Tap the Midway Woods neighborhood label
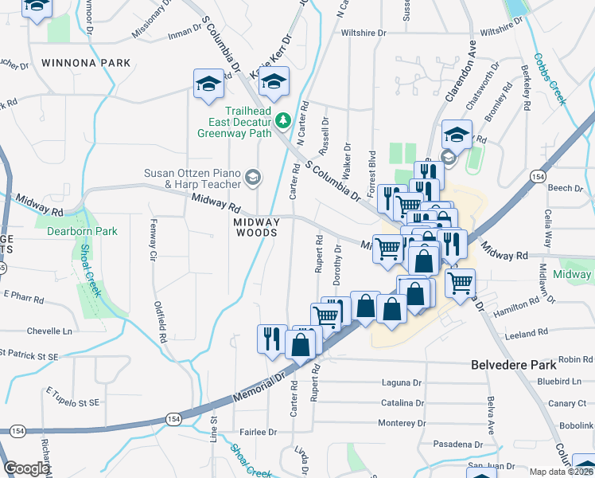pyautogui.click(x=256, y=227)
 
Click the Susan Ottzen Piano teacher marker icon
pyautogui.click(x=253, y=176)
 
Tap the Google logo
pyautogui.click(x=26, y=468)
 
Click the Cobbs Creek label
pyautogui.click(x=549, y=79)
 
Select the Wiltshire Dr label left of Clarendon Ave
pyautogui.click(x=364, y=33)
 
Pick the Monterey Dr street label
pyautogui.click(x=403, y=423)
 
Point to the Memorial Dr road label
pyautogui.click(x=259, y=388)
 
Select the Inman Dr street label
pyautogui.click(x=188, y=33)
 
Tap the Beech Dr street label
pyautogui.click(x=566, y=188)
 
